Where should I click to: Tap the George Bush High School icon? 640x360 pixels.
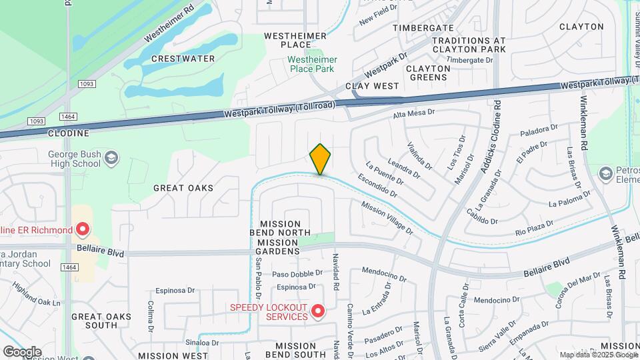112,158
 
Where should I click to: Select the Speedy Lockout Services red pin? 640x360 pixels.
318,311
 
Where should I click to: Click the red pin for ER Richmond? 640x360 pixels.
83,231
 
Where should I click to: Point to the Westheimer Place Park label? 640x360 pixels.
312,64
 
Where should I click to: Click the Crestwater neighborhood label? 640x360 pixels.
183,59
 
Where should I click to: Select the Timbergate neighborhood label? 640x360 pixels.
423,27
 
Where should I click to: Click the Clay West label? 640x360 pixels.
372,86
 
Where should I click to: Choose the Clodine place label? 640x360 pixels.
69,133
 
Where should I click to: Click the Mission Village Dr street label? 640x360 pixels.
387,218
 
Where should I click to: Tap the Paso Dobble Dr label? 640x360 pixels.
297,275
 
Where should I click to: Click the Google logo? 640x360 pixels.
22,351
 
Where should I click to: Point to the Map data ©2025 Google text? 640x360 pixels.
598,355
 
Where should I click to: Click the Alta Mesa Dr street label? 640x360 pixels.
413,113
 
